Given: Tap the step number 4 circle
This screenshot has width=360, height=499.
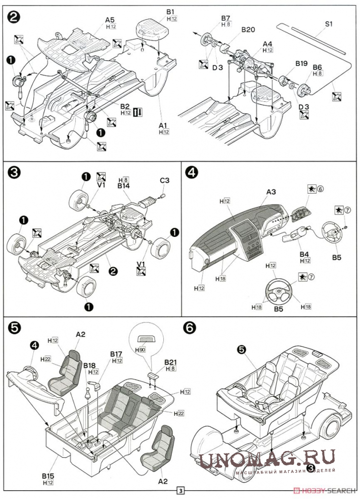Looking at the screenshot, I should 193,172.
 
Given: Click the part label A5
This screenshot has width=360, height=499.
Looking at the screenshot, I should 110,20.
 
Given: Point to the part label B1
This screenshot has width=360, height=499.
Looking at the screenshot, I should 170,11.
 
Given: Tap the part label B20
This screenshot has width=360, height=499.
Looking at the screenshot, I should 248,30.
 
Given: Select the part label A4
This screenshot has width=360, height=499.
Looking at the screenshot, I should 267,43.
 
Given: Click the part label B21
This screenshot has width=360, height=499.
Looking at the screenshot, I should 171,362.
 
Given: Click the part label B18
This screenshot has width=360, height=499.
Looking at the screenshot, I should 89,365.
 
